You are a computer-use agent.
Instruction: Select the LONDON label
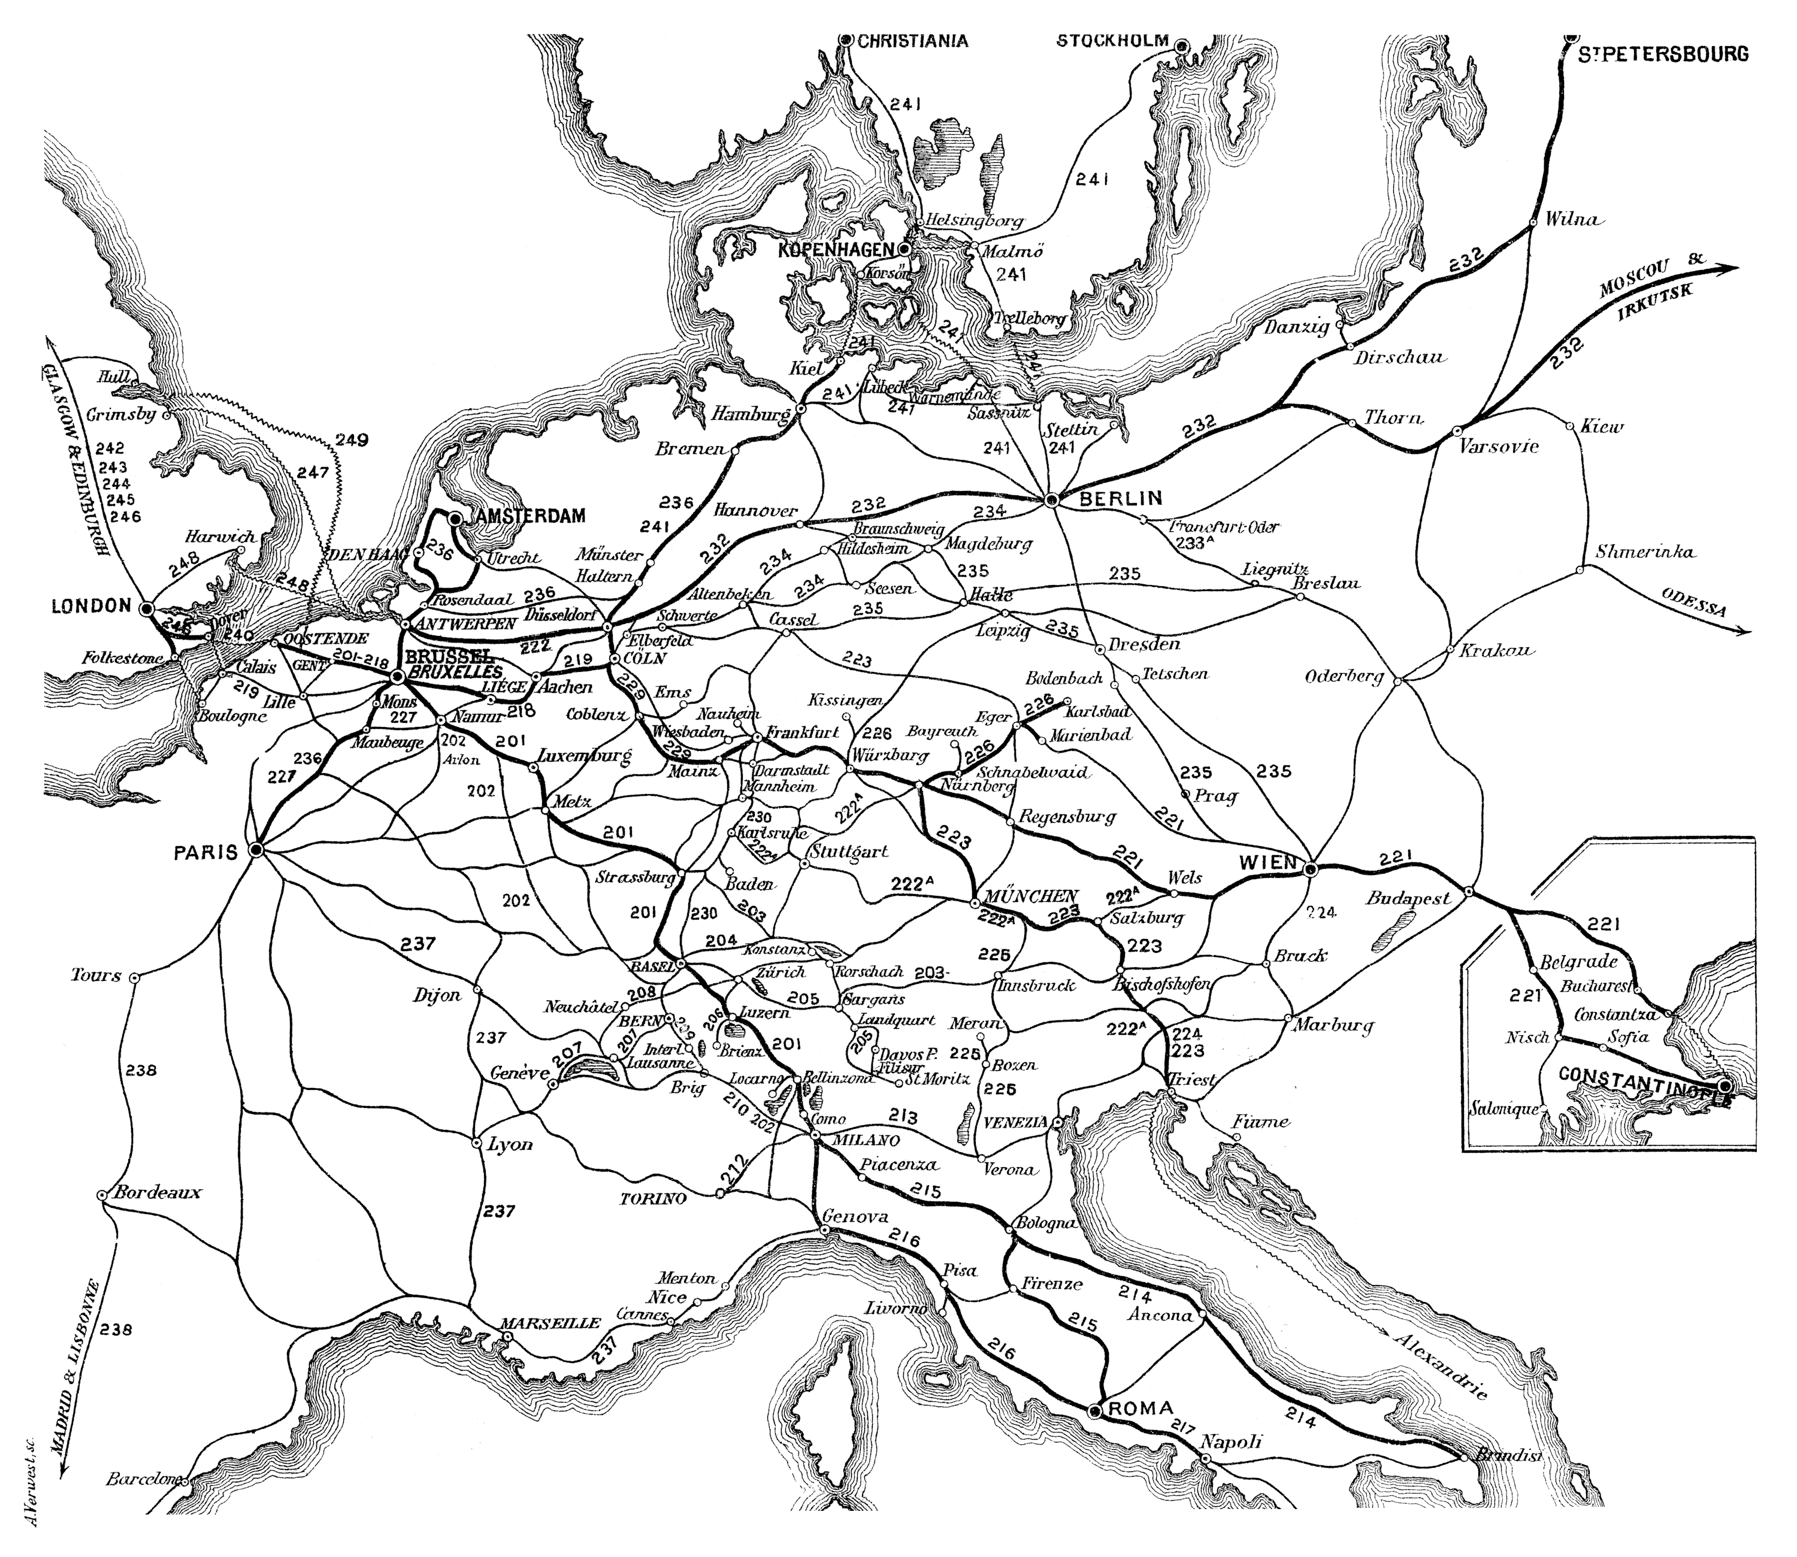[x=91, y=607]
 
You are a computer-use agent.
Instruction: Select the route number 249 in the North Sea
[x=351, y=441]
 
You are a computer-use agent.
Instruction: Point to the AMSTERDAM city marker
[x=455, y=518]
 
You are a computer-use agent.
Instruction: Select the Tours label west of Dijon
[x=96, y=975]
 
